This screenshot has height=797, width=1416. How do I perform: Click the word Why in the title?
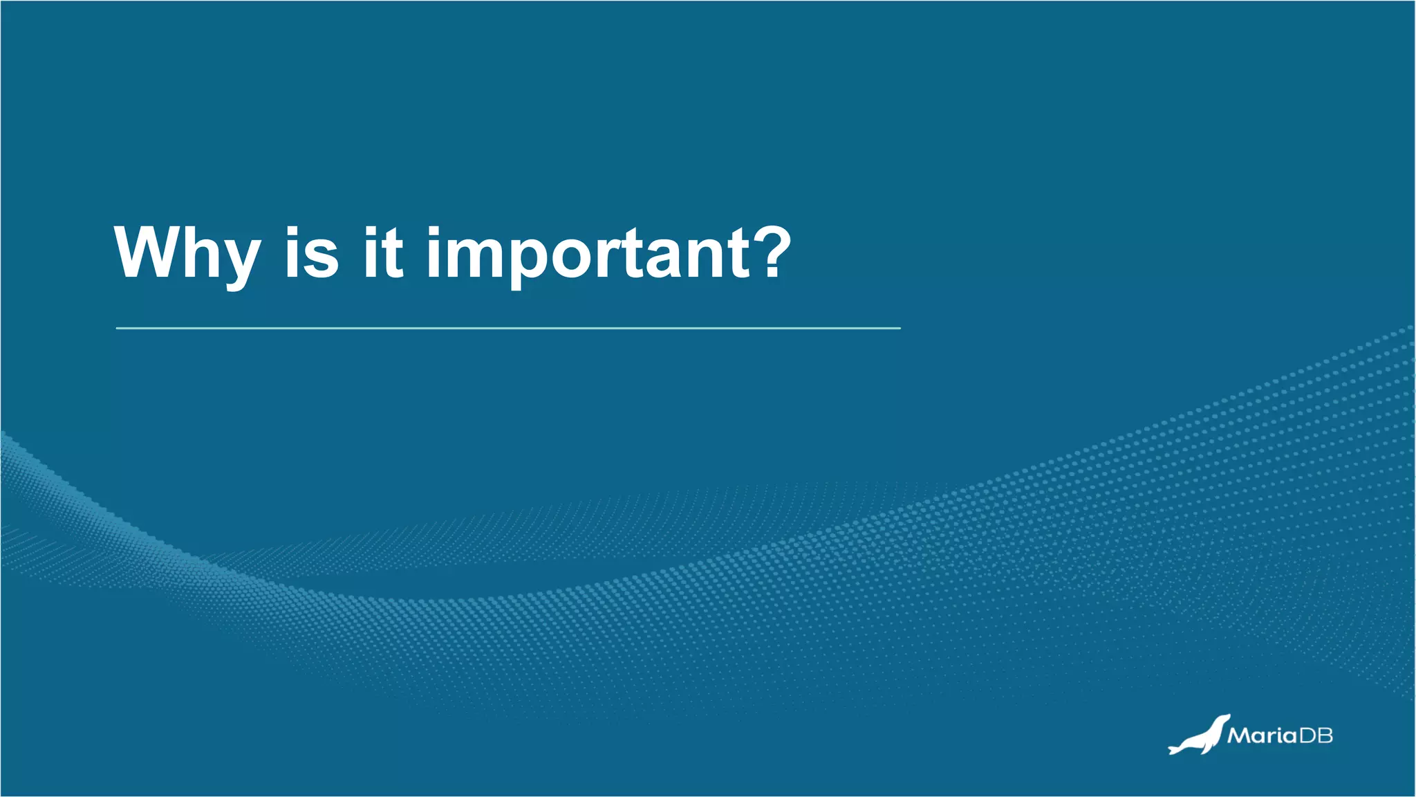pyautogui.click(x=187, y=255)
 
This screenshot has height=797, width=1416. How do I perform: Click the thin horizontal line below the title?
pyautogui.click(x=508, y=328)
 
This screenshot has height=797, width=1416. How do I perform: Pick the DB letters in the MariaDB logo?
pyautogui.click(x=1316, y=735)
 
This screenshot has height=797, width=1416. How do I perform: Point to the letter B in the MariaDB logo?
pyautogui.click(x=1325, y=735)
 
